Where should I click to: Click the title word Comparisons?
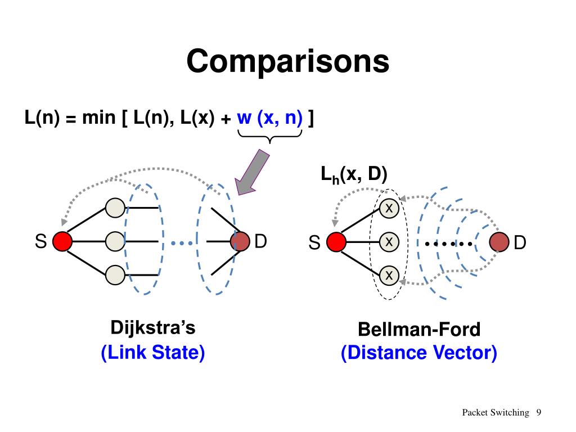[287, 61]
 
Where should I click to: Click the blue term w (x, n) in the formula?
[269, 118]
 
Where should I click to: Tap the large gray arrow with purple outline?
[253, 172]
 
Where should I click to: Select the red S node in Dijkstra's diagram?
[62, 241]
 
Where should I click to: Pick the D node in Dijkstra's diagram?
[240, 241]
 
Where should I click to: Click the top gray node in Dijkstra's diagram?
[115, 208]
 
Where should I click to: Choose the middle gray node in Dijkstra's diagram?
[115, 241]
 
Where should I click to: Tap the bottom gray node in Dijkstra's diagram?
[115, 275]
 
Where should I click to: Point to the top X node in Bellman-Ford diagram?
[389, 208]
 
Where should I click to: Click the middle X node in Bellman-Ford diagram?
[389, 242]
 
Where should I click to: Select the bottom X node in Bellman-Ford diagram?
[389, 276]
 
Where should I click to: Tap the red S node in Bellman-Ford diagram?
[336, 242]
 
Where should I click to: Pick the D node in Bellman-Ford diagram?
[499, 242]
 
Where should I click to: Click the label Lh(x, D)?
[354, 174]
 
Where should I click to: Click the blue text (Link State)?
[153, 352]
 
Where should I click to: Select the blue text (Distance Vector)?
[419, 353]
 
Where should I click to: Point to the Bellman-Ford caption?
[419, 330]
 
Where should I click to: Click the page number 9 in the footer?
[538, 412]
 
